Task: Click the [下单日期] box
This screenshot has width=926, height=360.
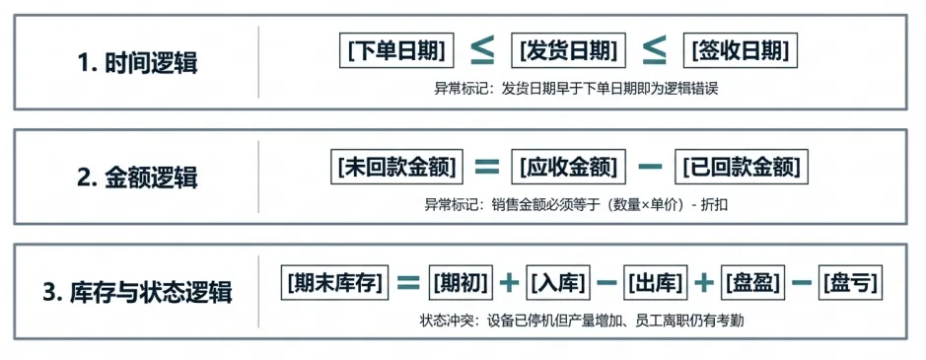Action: pyautogui.click(x=396, y=51)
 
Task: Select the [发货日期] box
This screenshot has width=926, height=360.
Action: pyautogui.click(x=568, y=51)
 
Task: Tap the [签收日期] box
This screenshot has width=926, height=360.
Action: pyautogui.click(x=741, y=51)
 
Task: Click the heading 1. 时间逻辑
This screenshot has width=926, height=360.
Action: pyautogui.click(x=137, y=63)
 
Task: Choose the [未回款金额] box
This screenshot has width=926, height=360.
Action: pyautogui.click(x=396, y=168)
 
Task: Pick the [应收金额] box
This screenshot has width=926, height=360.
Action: pyautogui.click(x=568, y=168)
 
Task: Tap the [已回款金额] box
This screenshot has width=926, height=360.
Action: pyautogui.click(x=742, y=168)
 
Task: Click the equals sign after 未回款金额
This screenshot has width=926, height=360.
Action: pyautogui.click(x=487, y=168)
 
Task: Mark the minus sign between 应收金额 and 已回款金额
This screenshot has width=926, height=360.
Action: pyautogui.click(x=650, y=168)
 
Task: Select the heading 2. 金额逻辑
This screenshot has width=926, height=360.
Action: pyautogui.click(x=137, y=178)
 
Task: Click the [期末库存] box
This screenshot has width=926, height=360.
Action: pyautogui.click(x=335, y=282)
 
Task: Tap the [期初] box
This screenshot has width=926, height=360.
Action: pyautogui.click(x=461, y=282)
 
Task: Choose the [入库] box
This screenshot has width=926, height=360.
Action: pyautogui.click(x=558, y=282)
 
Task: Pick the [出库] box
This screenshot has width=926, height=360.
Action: pyautogui.click(x=656, y=282)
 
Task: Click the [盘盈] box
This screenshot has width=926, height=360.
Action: pyautogui.click(x=753, y=282)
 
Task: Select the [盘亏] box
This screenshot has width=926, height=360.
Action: pyautogui.click(x=850, y=282)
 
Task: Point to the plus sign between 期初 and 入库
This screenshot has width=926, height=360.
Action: pyautogui.click(x=509, y=283)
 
